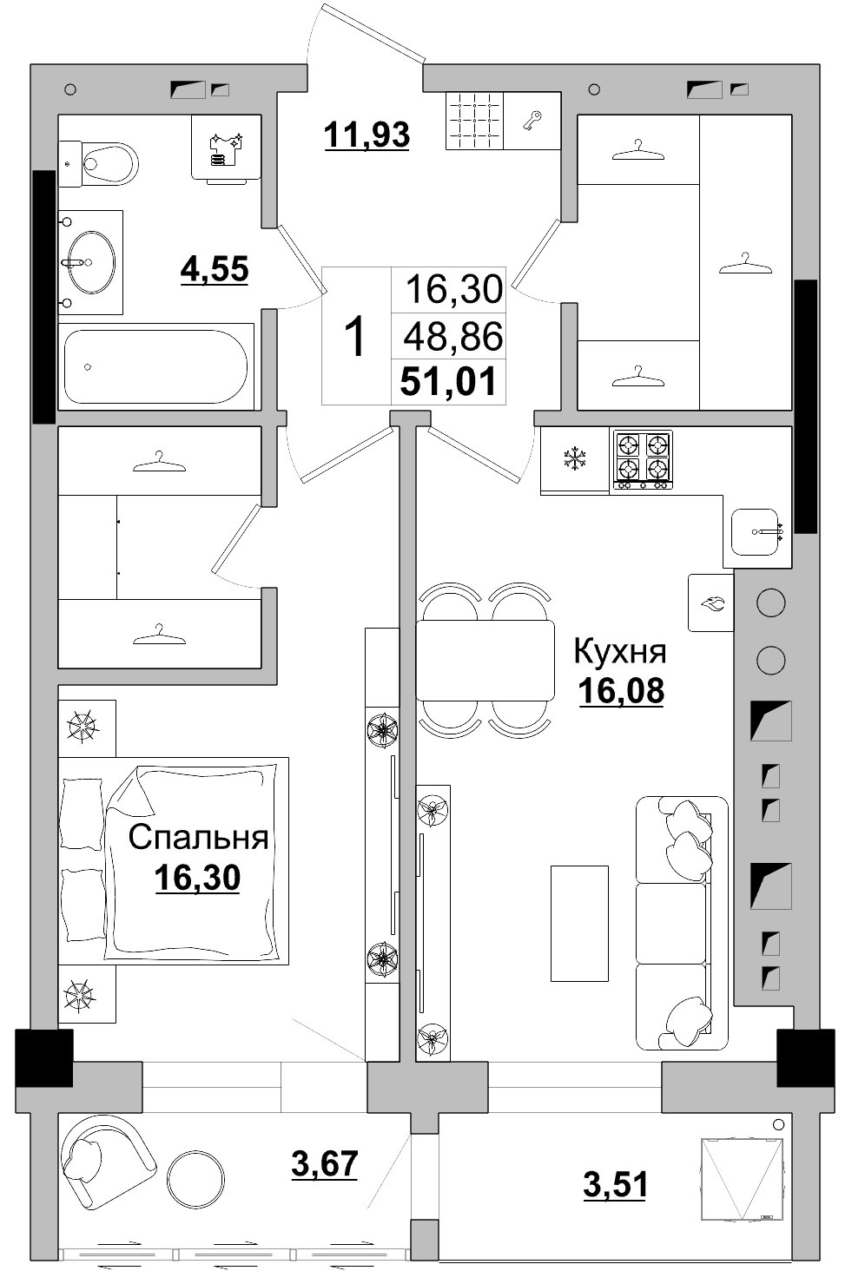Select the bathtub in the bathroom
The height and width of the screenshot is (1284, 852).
pyautogui.click(x=156, y=365)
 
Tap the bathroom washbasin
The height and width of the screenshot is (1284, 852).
pyautogui.click(x=90, y=262)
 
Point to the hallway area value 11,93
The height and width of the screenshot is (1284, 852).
pyautogui.click(x=367, y=135)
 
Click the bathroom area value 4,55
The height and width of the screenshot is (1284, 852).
pyautogui.click(x=215, y=269)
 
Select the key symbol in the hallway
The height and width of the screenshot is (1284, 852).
pyautogui.click(x=532, y=121)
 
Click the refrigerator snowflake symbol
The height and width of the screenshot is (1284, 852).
pyautogui.click(x=574, y=459)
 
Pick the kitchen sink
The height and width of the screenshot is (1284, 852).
pyautogui.click(x=756, y=531)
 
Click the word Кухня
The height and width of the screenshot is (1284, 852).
pyautogui.click(x=620, y=651)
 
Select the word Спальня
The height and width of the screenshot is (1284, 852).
pyautogui.click(x=198, y=838)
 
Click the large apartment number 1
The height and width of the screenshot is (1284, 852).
pyautogui.click(x=355, y=337)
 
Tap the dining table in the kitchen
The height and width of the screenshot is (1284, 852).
pyautogui.click(x=485, y=661)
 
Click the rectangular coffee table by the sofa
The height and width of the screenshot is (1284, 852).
pyautogui.click(x=579, y=923)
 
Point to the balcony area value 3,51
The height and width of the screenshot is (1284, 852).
pyautogui.click(x=615, y=1184)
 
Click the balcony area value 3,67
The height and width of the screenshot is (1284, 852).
pyautogui.click(x=324, y=1163)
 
